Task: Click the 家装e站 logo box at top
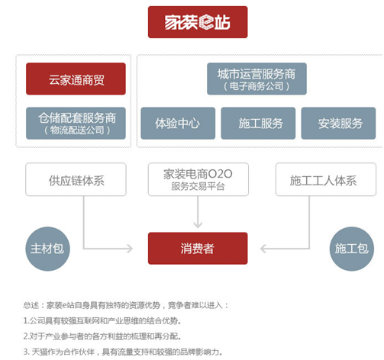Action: tap(198, 22)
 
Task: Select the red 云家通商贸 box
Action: tap(76, 79)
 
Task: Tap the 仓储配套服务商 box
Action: tap(76, 124)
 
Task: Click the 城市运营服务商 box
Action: tap(257, 79)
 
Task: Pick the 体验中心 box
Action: tap(178, 124)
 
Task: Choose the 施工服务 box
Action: tap(258, 124)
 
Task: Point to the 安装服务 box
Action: tap(338, 124)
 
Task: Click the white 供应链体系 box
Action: tap(76, 179)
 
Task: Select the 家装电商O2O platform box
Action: tap(198, 179)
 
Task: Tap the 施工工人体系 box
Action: tap(326, 179)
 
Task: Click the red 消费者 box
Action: tap(198, 249)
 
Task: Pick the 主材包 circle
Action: tap(47, 249)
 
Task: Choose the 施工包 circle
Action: tap(352, 249)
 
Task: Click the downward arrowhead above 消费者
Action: tap(198, 225)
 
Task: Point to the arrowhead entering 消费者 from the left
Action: tap(130, 249)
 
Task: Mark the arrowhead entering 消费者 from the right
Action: tap(263, 249)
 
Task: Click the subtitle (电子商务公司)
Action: tap(257, 86)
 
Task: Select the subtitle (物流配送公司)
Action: tap(77, 130)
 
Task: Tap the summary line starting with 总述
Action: tap(126, 305)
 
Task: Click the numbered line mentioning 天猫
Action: tap(123, 352)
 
